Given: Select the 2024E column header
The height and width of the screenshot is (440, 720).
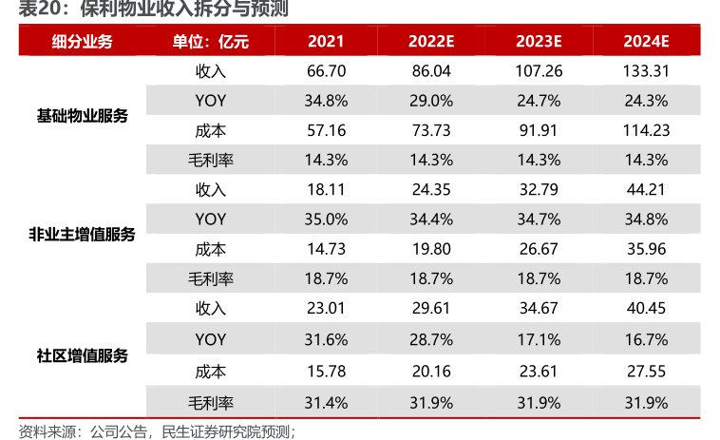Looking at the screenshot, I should pyautogui.click(x=647, y=41).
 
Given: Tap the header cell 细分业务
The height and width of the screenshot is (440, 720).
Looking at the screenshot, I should pyautogui.click(x=82, y=41).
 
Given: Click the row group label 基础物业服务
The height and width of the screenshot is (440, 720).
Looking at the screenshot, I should pyautogui.click(x=82, y=115).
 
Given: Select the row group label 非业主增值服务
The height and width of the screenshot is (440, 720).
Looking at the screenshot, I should pyautogui.click(x=82, y=234).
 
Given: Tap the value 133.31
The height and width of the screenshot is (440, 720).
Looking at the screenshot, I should pyautogui.click(x=647, y=70).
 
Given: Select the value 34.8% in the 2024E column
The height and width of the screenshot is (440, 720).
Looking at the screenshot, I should pyautogui.click(x=647, y=220).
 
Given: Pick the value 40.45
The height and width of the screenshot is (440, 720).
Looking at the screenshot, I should pyautogui.click(x=647, y=309).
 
